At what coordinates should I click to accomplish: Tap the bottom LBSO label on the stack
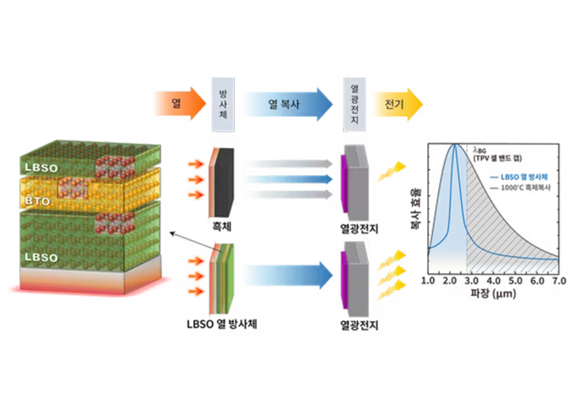click(41, 255)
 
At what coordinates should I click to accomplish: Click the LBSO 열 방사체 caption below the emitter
click(223, 323)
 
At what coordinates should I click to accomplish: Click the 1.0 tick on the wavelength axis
click(427, 280)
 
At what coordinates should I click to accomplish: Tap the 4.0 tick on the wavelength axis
click(494, 280)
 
